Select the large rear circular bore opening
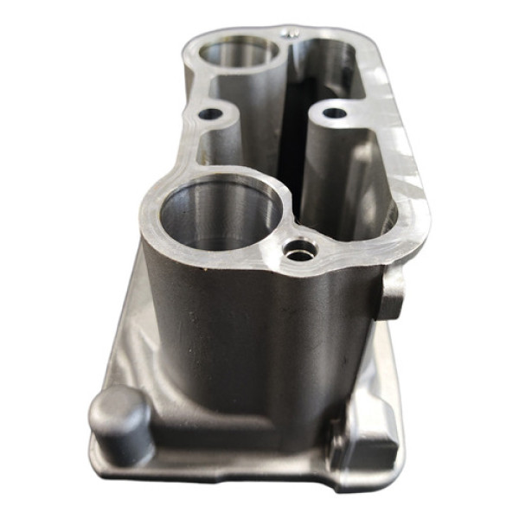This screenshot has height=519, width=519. (240, 54)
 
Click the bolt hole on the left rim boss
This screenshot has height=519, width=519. (210, 113)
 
